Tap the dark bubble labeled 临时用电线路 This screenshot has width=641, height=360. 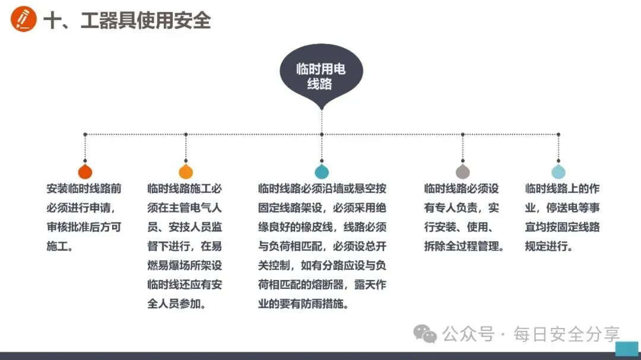[321, 77]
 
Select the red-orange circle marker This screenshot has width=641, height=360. [85, 172]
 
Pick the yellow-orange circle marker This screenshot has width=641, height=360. [186, 172]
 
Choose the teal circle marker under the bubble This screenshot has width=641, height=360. [322, 172]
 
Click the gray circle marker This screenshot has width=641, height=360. [463, 172]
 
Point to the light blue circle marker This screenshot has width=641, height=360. [559, 172]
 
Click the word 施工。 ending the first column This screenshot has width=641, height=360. [60, 246]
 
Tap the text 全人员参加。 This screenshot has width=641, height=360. [177, 304]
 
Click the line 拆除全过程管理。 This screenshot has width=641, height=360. [464, 246]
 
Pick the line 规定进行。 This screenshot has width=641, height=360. [549, 246]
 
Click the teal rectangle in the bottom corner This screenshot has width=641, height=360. [627, 348]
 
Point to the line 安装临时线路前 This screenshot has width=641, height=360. [84, 189]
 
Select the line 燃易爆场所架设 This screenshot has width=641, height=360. [185, 265]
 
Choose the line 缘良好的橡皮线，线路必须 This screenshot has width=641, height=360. [322, 227]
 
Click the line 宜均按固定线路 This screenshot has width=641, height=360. [562, 227]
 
